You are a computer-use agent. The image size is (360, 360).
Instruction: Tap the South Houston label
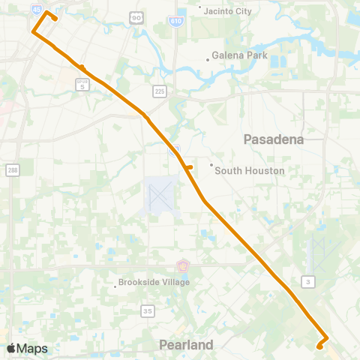coord(249,170)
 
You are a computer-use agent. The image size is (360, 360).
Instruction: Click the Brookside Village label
coord(153,283)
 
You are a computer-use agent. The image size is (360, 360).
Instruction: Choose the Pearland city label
coord(186,345)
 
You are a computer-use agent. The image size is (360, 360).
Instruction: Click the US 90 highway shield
coord(136,17)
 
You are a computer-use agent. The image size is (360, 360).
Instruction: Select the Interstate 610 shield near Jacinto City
coord(174,16)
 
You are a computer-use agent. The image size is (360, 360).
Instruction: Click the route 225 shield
coord(159,91)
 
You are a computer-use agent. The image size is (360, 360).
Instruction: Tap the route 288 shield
coord(13,168)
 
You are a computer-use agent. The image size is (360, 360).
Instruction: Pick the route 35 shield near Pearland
coord(148,310)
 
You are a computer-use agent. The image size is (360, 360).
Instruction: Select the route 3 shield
coord(307,280)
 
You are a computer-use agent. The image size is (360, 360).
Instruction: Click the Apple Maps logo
coord(27,348)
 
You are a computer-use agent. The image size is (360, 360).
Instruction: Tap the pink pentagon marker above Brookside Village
coord(183,265)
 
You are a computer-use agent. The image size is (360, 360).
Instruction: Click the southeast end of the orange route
coord(320,346)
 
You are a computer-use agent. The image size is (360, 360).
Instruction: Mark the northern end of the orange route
coord(48,12)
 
